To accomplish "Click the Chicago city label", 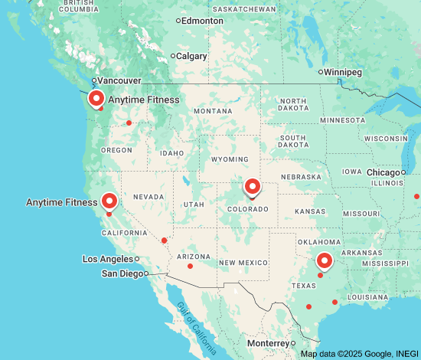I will pos(383,172).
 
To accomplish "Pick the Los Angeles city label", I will pos(108,259).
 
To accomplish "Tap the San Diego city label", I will pos(122,273).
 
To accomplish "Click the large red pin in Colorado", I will pos(252,186).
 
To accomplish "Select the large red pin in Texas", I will pos(325,261).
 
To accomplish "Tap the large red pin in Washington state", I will pos(96,99).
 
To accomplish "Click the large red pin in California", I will pos(109,201).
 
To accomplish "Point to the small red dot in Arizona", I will pos(190,267).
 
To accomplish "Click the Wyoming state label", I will pos(230,159).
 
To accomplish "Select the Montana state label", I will pos(213,111).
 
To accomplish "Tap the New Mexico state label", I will pos(243,263).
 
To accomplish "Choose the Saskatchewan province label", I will pos(244,9).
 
